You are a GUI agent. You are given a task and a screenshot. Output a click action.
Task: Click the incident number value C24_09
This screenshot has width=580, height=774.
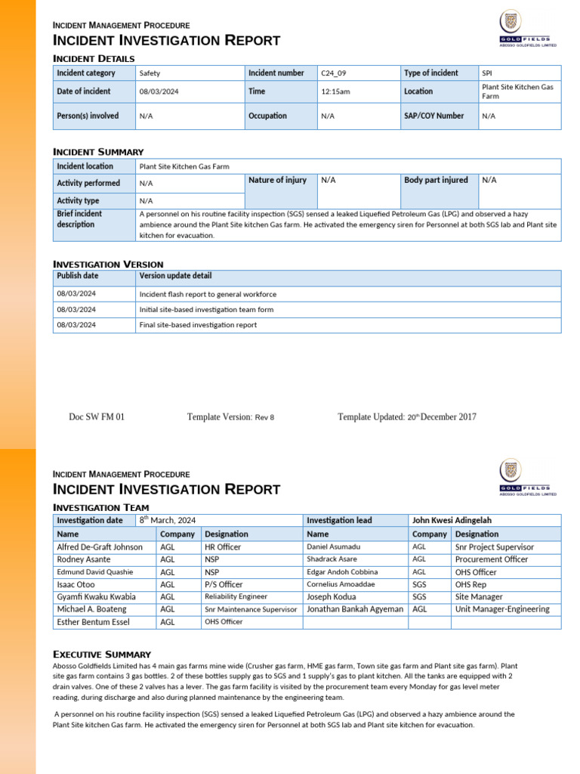click(334, 73)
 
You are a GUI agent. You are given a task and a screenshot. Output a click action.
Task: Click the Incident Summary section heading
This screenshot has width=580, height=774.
click(98, 152)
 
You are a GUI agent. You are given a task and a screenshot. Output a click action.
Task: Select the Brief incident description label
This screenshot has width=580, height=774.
click(79, 219)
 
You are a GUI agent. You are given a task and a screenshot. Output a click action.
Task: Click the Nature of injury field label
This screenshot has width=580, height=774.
click(277, 180)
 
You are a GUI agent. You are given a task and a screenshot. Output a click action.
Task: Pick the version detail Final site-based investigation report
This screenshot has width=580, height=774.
click(198, 325)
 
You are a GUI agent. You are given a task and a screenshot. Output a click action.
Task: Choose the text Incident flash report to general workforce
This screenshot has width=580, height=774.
click(208, 294)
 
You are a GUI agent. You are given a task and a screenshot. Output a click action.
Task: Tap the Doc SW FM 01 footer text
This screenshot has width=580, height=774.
click(97, 417)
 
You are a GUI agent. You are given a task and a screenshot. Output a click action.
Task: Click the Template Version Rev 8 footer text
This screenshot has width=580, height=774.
click(230, 417)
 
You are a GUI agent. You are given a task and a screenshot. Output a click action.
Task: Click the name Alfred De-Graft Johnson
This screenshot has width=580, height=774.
click(100, 547)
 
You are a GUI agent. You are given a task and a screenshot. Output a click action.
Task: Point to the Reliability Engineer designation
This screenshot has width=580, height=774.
click(236, 597)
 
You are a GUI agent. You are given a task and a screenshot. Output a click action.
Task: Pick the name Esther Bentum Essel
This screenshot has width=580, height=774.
click(94, 622)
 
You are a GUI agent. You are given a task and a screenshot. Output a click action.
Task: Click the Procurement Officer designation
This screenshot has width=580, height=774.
click(492, 559)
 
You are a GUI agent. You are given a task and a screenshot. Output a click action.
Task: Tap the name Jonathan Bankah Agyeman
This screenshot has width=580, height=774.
click(355, 609)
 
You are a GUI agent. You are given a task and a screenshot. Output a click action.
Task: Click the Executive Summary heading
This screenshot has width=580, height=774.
click(102, 654)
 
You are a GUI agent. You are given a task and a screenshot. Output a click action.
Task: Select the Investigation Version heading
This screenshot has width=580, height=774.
click(108, 264)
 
